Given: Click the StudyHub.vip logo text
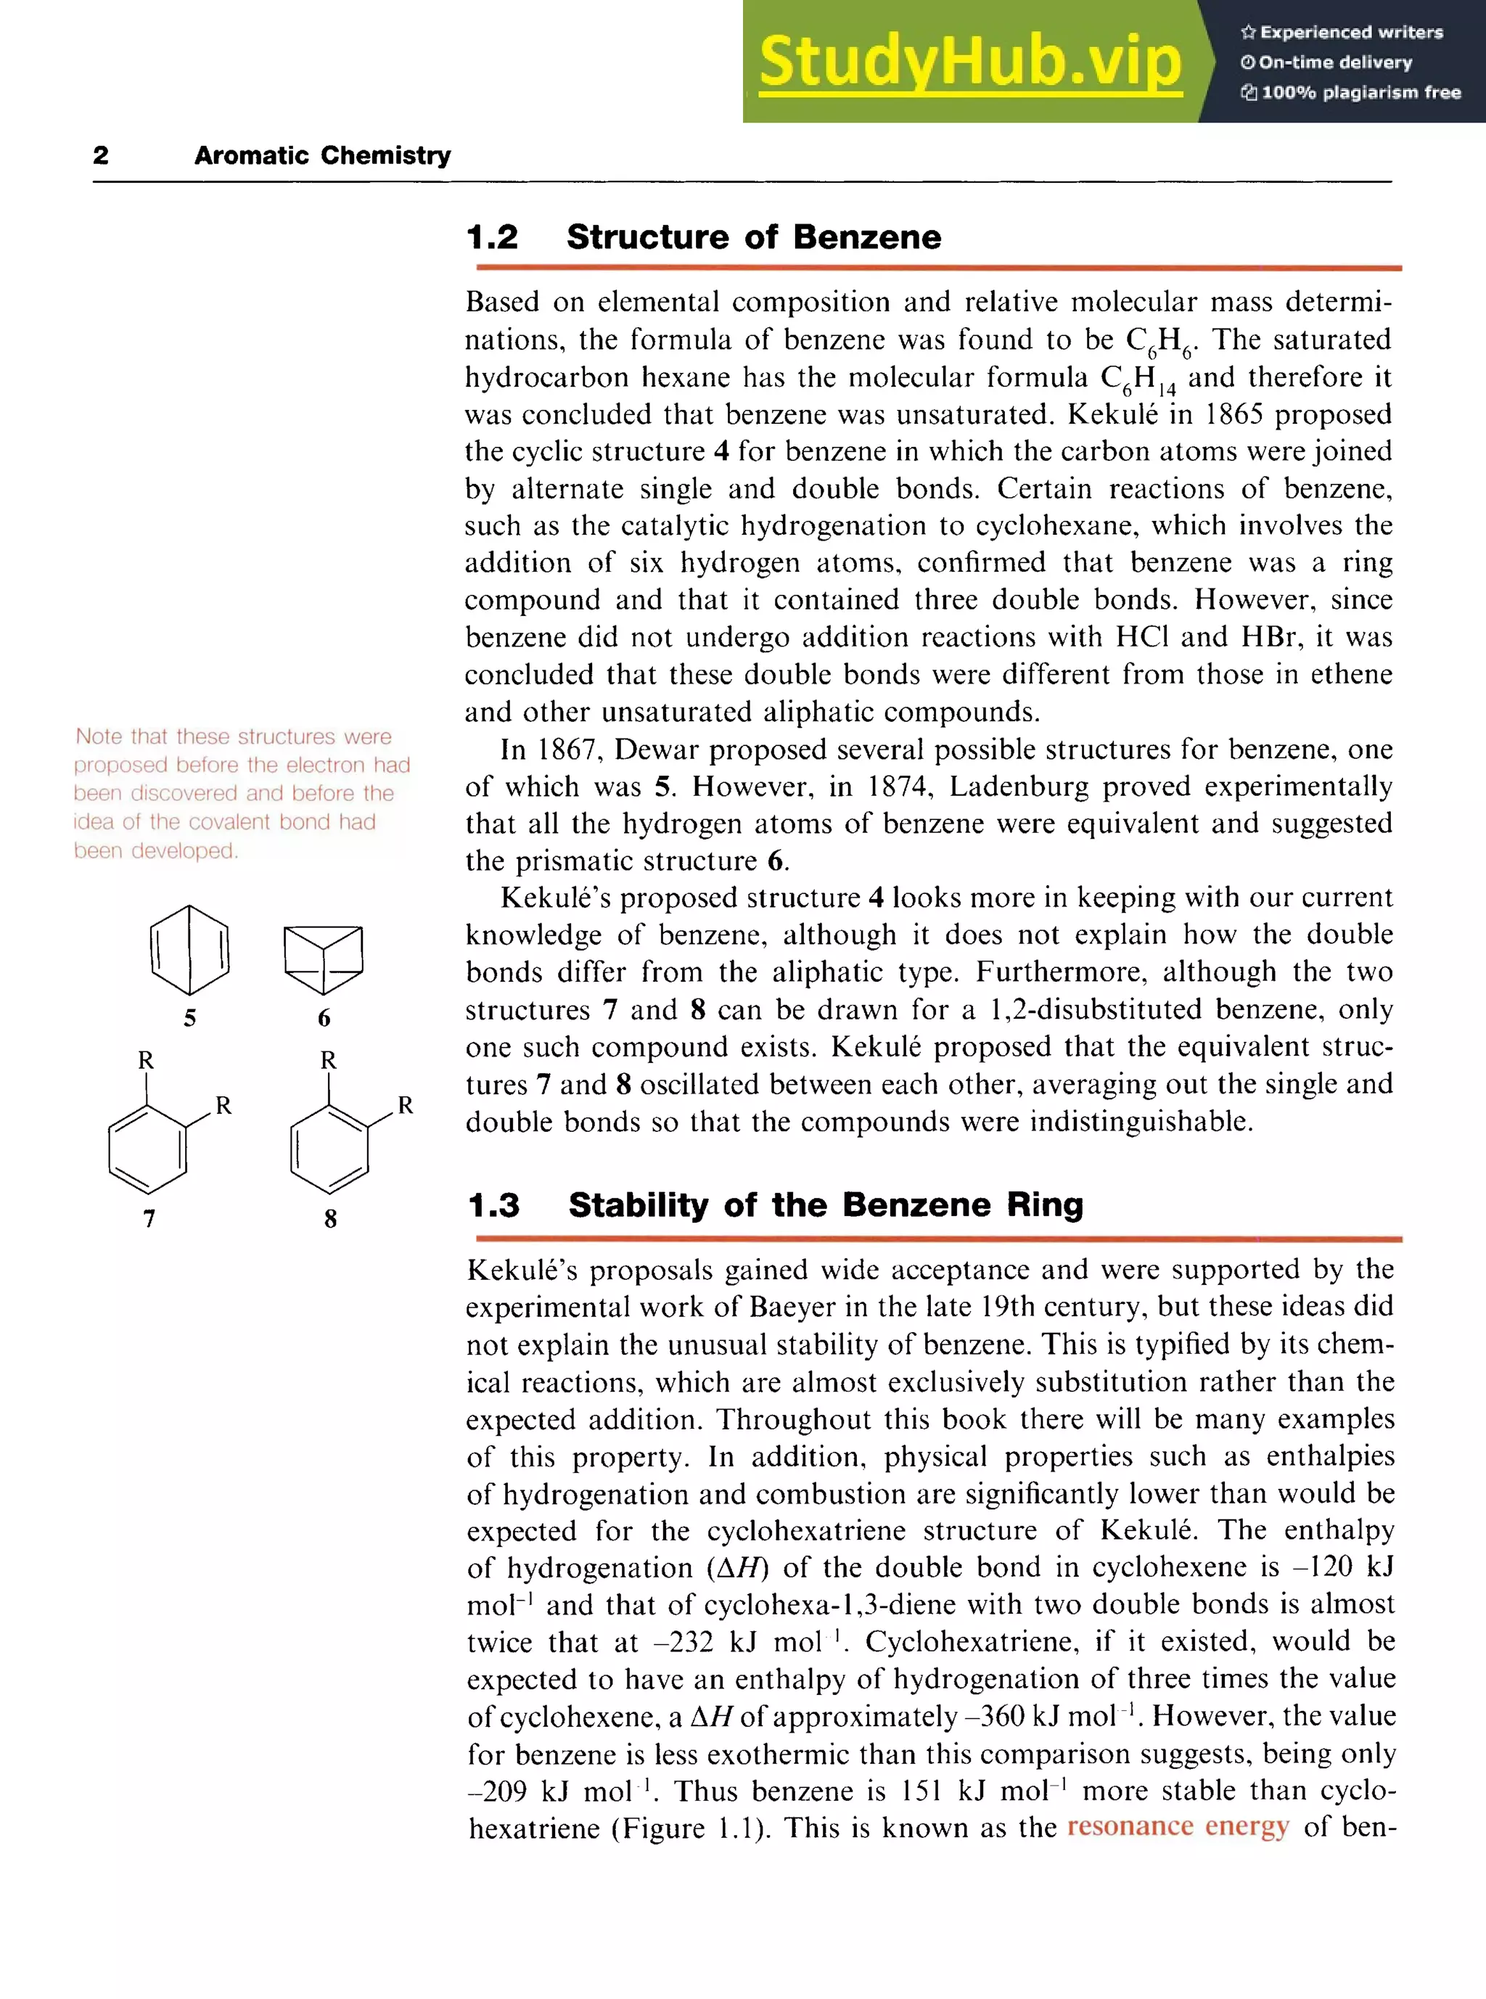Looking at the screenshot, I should [x=969, y=61].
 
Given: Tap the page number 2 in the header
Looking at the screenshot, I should [x=101, y=155].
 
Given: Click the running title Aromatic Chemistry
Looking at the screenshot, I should [x=322, y=155].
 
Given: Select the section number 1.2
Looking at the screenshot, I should [x=492, y=237].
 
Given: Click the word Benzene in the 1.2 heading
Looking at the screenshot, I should [x=867, y=237].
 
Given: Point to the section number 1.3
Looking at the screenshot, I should [x=494, y=1204].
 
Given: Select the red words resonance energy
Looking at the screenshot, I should [x=1178, y=1826].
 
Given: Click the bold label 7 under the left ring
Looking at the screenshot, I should [x=149, y=1218].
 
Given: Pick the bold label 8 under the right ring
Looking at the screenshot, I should [x=330, y=1218].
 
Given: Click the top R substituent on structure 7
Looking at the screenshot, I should [x=146, y=1060].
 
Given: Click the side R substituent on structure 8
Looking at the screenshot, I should [x=406, y=1105].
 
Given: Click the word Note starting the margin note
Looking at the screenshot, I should [x=98, y=736].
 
